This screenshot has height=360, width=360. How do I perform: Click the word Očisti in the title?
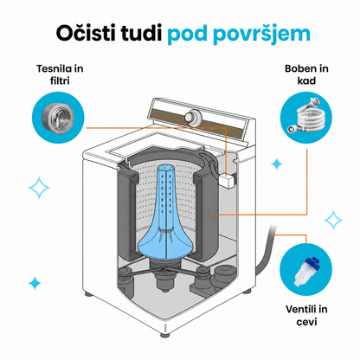coord(87,33)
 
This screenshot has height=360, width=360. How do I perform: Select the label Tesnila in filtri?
coord(60,74)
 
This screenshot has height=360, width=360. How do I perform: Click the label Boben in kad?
coord(306,74)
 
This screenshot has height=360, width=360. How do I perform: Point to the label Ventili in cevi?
coord(306,315)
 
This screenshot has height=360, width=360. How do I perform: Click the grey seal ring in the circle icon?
coord(58,117)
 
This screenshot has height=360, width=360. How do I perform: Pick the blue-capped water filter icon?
coord(305,271)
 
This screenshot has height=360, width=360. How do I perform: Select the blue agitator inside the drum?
coord(166,214)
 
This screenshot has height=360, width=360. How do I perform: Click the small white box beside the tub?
coord(228,181)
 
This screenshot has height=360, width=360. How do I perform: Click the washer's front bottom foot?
coord(165,334)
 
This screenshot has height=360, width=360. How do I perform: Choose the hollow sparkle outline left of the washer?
coord(39,188)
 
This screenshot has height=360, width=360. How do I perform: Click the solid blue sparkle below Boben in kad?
coord(277,164)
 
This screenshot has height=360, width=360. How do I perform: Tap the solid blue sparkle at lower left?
coord(35,283)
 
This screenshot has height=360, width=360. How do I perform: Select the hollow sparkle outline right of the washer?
coord(333,220)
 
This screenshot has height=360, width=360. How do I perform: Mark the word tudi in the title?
coord(141,33)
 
